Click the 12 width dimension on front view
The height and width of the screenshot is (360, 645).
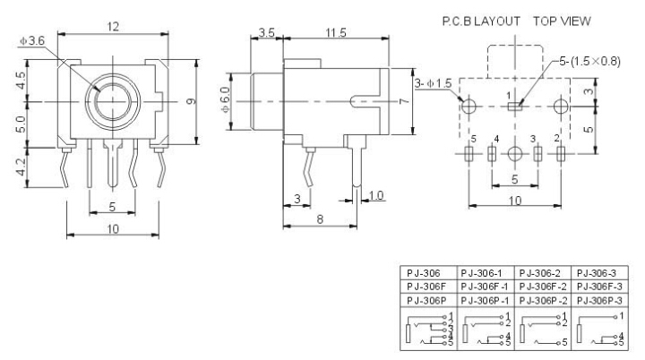point(113,27)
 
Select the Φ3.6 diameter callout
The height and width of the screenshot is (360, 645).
point(32,40)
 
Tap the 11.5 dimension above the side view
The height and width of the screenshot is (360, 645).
point(336,33)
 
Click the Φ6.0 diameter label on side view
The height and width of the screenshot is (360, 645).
point(226,100)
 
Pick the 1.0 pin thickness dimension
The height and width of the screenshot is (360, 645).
point(376,195)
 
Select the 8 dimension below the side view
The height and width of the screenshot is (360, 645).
point(320,219)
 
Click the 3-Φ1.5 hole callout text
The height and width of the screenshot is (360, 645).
point(433,83)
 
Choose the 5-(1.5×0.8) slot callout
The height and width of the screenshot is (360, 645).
point(589,61)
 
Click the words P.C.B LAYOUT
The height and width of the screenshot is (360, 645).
point(481,21)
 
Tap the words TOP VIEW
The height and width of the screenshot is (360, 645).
point(562,21)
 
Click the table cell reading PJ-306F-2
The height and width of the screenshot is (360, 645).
point(543,287)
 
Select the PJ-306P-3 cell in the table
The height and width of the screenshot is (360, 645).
point(599,301)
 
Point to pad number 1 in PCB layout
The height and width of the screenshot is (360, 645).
point(514,107)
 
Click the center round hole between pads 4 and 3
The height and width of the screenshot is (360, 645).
point(514,154)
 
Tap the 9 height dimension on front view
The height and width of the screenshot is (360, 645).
point(192,101)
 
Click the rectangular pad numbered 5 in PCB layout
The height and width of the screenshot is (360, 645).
point(469,154)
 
